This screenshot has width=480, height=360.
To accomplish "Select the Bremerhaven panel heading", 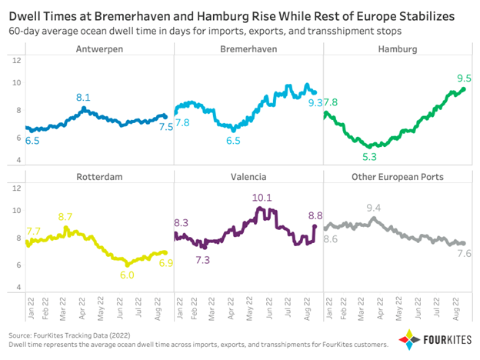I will [x=248, y=49].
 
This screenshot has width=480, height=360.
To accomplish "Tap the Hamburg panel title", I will [x=398, y=49].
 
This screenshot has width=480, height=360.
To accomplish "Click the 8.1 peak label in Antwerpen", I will [x=83, y=98].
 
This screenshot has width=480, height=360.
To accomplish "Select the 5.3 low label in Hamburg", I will [x=369, y=157].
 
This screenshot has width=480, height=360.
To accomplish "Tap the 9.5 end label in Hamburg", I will [x=464, y=78].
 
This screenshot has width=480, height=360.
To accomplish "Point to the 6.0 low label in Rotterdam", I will [x=127, y=275].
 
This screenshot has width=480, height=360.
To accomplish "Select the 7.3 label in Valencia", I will [x=203, y=261].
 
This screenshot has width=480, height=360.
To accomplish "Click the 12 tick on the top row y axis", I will [x=17, y=61].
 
